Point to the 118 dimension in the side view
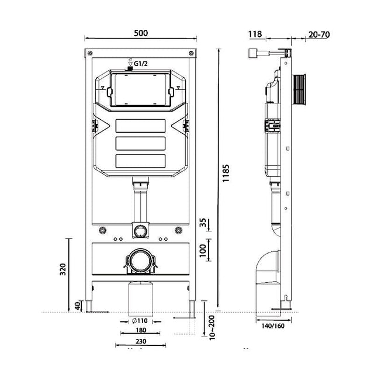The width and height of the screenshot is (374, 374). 255,34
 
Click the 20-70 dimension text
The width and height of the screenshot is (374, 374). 318,34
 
